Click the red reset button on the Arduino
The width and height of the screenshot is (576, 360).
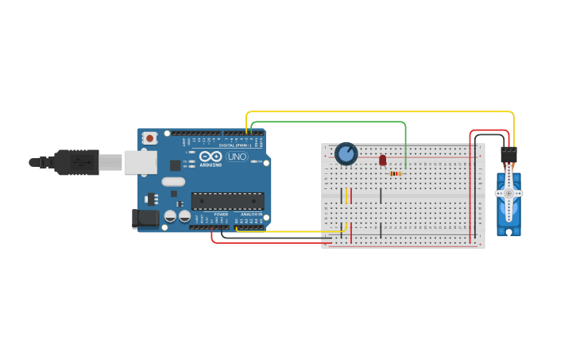point(149,138)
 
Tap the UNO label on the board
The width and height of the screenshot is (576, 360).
point(237,157)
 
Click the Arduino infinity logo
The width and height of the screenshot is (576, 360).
point(211,157)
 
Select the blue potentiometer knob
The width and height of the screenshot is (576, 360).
point(346,153)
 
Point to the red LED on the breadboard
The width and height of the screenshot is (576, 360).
point(382,161)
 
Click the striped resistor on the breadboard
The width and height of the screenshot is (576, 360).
point(395,173)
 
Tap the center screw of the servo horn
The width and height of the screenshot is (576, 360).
point(508,193)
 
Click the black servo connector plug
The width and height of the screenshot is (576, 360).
point(508,154)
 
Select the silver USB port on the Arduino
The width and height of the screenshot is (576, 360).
point(140,162)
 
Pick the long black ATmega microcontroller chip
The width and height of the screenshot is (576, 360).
point(227,202)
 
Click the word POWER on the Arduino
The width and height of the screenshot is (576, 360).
point(221,214)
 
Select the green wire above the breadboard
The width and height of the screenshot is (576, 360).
point(334,122)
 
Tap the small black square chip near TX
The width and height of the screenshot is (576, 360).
point(175,165)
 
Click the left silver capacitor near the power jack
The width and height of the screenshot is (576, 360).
point(170,215)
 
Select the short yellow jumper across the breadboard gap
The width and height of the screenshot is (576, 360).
point(346,195)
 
